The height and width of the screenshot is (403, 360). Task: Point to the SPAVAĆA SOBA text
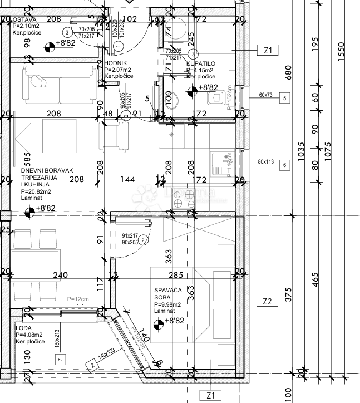[169, 293]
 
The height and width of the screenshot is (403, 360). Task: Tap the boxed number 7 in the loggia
[60, 359]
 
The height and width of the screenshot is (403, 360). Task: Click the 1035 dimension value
[301, 151]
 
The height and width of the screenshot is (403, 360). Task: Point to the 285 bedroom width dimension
[176, 274]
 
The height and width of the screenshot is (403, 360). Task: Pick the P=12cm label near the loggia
[77, 300]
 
